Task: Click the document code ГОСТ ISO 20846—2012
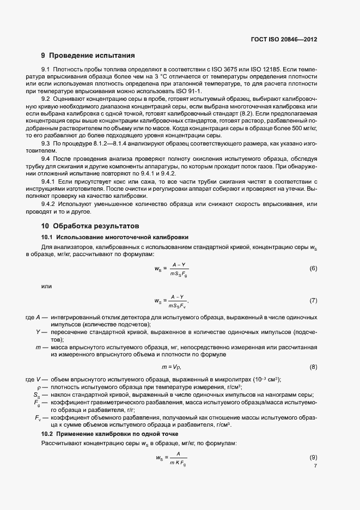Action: tap(283, 39)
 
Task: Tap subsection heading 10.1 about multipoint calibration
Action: tap(115, 237)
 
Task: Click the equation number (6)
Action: tap(313, 269)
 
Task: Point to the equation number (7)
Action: tap(313, 300)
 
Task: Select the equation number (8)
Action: tap(313, 367)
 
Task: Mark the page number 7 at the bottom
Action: tap(315, 466)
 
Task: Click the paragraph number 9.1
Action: tap(46, 70)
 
